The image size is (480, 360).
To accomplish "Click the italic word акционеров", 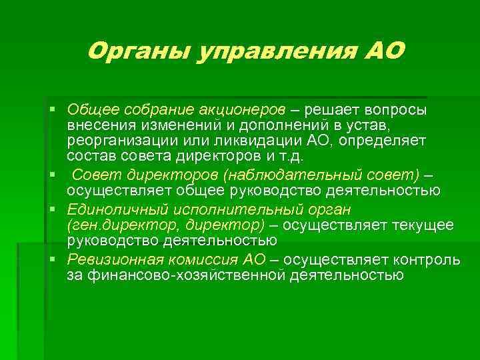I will [x=241, y=109].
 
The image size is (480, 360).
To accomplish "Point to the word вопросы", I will [x=395, y=109].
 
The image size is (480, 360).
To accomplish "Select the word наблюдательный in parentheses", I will [x=278, y=175].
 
